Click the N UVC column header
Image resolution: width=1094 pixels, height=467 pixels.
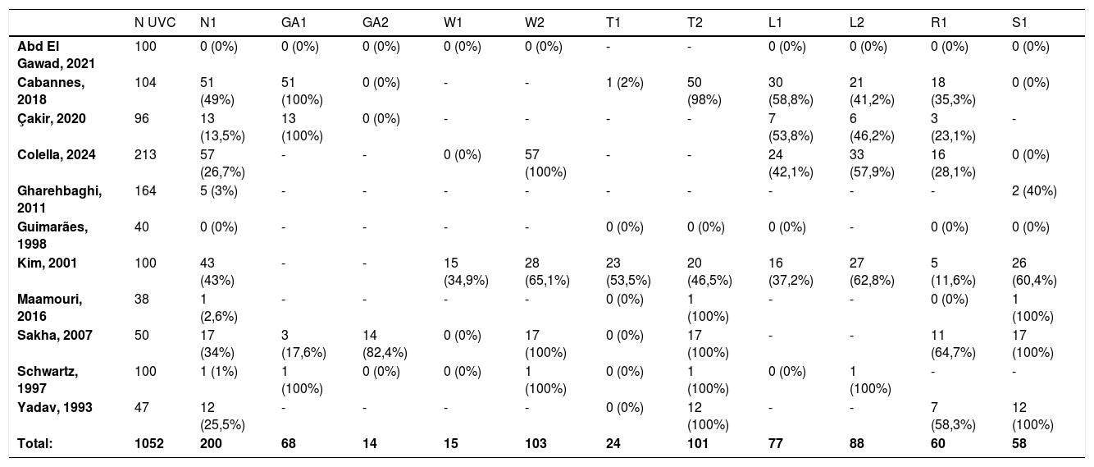[155, 23]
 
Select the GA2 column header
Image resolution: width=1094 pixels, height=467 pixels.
[375, 23]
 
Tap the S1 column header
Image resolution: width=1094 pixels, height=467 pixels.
[1019, 23]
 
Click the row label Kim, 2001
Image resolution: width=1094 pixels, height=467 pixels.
[47, 263]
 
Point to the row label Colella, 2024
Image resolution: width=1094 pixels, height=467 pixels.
[56, 155]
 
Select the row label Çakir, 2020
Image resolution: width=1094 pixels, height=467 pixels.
[52, 119]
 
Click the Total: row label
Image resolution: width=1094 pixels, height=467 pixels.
[34, 443]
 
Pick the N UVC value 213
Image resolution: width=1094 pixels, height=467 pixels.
[145, 155]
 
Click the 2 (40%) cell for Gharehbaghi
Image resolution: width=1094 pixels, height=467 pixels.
[1034, 191]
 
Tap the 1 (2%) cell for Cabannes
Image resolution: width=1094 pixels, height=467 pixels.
[625, 83]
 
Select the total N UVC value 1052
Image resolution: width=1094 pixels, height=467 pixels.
[149, 443]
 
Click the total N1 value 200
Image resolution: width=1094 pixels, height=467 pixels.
[211, 443]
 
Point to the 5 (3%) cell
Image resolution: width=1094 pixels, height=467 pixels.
[219, 191]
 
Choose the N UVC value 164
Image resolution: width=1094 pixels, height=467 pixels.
[145, 191]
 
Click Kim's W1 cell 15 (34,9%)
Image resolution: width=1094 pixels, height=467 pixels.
[466, 272]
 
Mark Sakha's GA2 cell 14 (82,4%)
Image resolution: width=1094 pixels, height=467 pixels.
[385, 344]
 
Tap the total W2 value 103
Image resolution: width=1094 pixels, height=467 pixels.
[536, 443]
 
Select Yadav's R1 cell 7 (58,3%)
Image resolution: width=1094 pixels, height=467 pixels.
[953, 416]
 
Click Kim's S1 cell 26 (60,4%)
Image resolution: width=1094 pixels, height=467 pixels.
[1034, 272]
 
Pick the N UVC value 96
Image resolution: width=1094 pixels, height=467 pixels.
[142, 119]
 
